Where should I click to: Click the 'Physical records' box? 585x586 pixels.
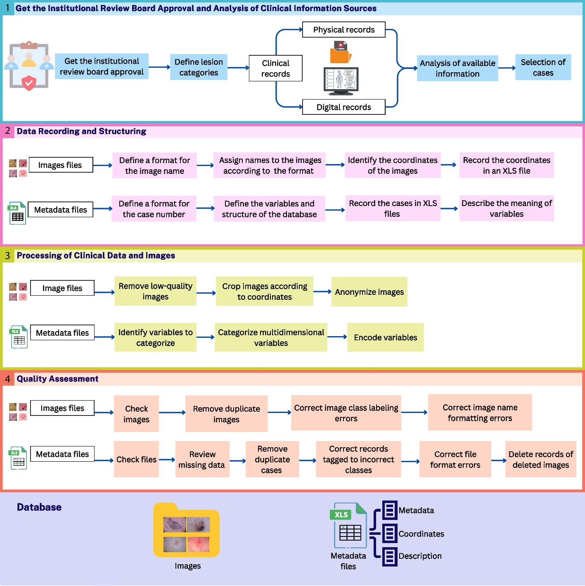(x=343, y=30)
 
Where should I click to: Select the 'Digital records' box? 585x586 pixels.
(x=343, y=107)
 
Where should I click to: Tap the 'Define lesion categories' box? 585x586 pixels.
(x=199, y=67)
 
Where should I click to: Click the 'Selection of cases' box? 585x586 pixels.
(x=543, y=67)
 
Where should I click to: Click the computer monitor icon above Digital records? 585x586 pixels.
(x=341, y=81)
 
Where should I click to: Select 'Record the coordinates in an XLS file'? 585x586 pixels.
(x=506, y=165)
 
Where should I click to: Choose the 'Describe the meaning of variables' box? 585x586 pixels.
(x=506, y=209)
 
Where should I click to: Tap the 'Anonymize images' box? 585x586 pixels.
(x=369, y=292)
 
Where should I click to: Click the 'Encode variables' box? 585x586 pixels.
(x=385, y=337)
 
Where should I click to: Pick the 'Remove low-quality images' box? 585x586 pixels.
(x=155, y=291)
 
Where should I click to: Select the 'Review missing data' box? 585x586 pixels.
(x=202, y=459)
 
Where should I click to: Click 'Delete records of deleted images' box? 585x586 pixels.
(x=540, y=459)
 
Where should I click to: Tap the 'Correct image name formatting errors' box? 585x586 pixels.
(x=480, y=413)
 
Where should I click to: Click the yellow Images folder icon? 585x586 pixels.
(x=186, y=531)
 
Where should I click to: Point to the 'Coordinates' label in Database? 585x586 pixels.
(x=421, y=534)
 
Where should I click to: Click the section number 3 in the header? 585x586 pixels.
(x=7, y=256)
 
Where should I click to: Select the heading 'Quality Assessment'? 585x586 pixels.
(x=57, y=379)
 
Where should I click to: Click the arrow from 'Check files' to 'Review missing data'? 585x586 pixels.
(x=167, y=460)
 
